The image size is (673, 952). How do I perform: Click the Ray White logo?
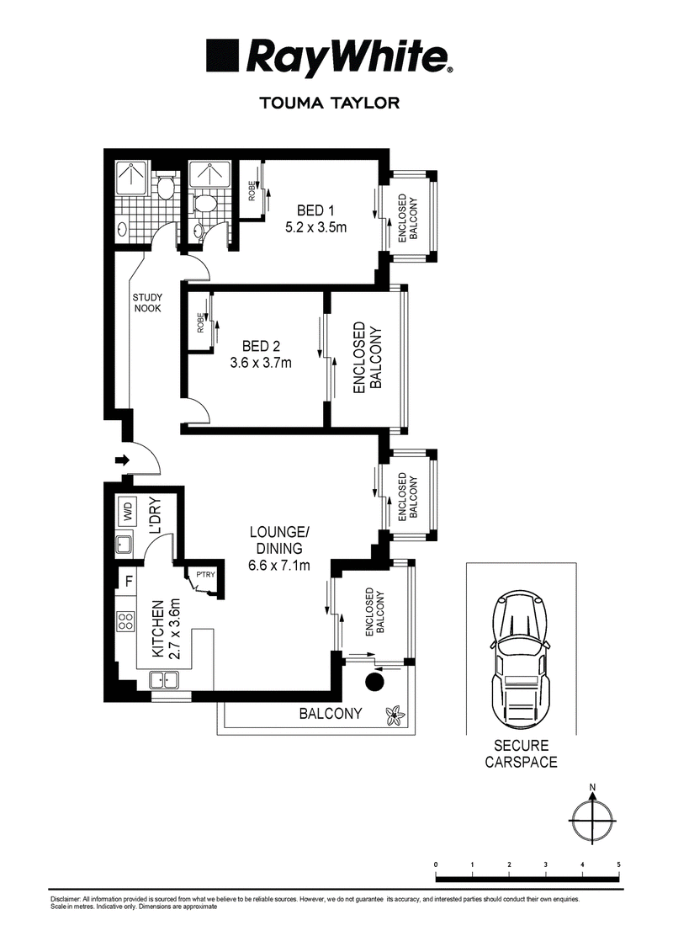328,58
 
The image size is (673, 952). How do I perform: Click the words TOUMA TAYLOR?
330,104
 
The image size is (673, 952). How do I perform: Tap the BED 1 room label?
315,210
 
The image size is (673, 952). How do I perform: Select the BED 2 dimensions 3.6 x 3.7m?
260,363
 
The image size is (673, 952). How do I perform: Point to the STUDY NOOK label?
147,302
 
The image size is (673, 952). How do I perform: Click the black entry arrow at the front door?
122,460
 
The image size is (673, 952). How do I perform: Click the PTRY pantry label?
206,574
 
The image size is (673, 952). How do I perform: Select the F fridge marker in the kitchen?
129,581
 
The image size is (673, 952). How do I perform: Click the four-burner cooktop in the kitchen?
125,621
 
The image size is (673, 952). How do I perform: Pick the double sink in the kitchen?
163,680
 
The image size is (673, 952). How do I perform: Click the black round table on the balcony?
375,681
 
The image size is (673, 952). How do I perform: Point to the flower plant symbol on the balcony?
395,715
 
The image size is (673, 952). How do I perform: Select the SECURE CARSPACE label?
522,753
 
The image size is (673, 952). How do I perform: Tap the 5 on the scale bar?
618,864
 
